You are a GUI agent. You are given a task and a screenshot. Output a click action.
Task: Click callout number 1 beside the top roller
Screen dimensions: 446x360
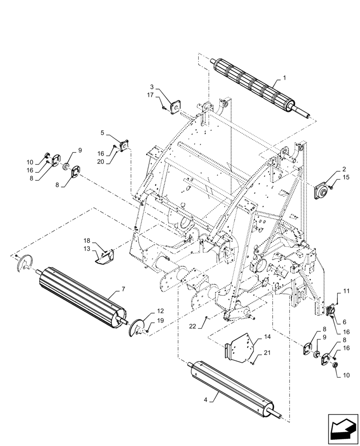(x=285, y=78)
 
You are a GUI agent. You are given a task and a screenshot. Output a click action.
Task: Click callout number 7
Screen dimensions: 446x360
(x=119, y=289)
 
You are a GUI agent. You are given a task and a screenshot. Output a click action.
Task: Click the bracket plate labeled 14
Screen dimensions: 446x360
(x=241, y=348)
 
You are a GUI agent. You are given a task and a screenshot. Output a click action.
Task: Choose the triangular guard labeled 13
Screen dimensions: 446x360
(x=105, y=257)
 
